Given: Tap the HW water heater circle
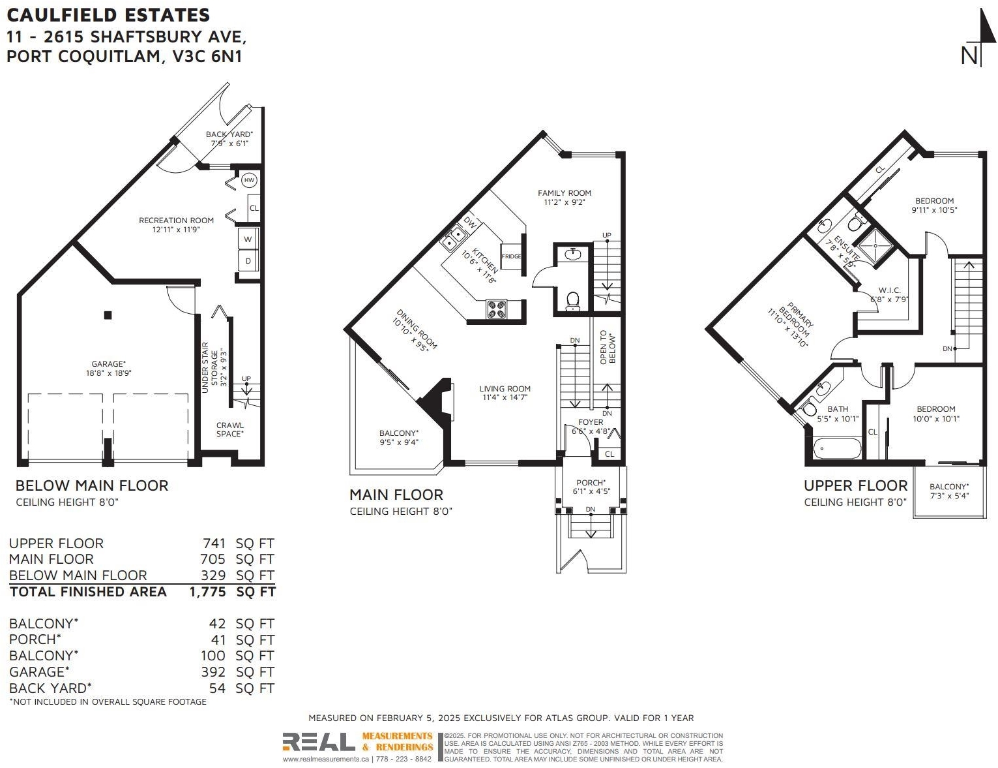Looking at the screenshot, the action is click(249, 180).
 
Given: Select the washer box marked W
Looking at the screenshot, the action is click(248, 239).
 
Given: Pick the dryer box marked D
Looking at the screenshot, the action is click(248, 260).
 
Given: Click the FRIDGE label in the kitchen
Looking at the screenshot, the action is click(510, 256).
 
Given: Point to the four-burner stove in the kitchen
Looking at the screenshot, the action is click(497, 309).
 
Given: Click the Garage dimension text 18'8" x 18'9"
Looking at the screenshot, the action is click(108, 373).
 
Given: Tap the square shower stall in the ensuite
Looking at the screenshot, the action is click(876, 246).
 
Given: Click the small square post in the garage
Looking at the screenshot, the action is click(108, 315).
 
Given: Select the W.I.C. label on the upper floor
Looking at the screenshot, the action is click(889, 290).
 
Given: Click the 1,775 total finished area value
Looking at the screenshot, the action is click(207, 592).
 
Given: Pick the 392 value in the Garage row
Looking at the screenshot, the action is click(213, 672).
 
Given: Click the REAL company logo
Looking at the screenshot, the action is click(318, 743).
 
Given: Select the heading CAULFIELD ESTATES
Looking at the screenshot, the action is click(108, 15).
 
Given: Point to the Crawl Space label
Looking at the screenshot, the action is click(229, 429).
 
